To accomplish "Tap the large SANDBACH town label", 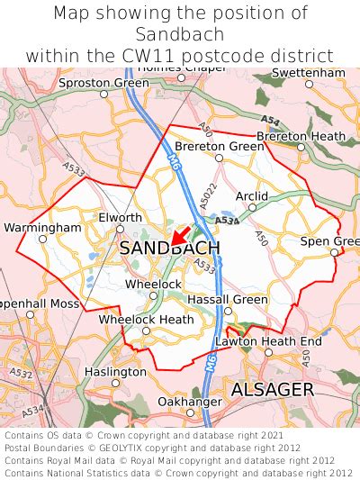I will (168, 248).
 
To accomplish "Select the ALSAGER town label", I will (272, 389).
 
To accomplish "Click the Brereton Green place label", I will (219, 146).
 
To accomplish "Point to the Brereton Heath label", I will (301, 136).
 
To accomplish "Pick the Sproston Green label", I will (103, 83).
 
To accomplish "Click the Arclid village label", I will (251, 195).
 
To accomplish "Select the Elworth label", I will (120, 217).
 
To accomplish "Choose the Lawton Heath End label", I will (268, 341).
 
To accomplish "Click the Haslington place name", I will (115, 371).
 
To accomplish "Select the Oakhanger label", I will (189, 401).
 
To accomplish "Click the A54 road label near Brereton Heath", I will (269, 120).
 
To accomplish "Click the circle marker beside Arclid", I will (252, 206).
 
